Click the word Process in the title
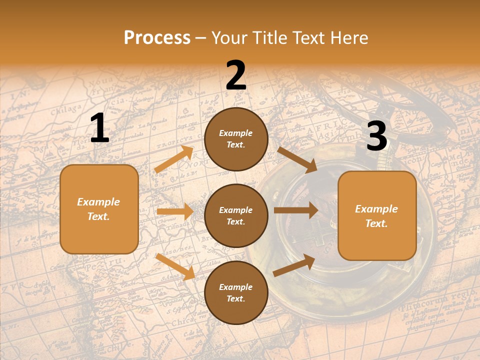[157, 38]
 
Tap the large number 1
[99, 128]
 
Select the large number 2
[236, 75]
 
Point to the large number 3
[376, 136]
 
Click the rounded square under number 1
[99, 209]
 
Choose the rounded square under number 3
[377, 215]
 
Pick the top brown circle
[236, 139]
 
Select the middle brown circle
[236, 215]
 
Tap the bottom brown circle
[236, 292]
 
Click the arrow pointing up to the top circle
[174, 159]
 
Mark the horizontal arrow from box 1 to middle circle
[175, 211]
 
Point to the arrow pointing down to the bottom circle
[175, 266]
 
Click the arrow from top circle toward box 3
[297, 159]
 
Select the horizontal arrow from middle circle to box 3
[296, 210]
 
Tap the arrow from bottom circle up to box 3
[294, 265]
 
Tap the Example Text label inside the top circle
[236, 139]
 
